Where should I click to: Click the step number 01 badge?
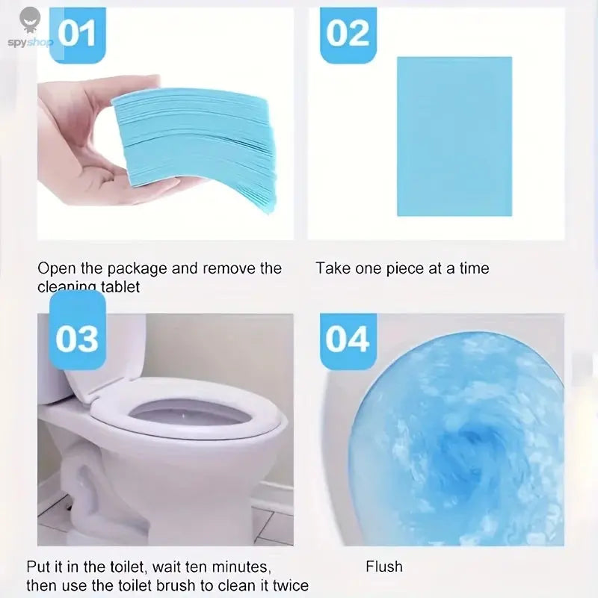pos(78,35)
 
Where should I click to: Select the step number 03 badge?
pos(78,338)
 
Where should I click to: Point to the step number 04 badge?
pos(348,339)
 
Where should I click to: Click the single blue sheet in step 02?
pos(454,136)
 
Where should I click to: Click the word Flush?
pos(384,566)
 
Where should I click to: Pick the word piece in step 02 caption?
pos(404,268)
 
